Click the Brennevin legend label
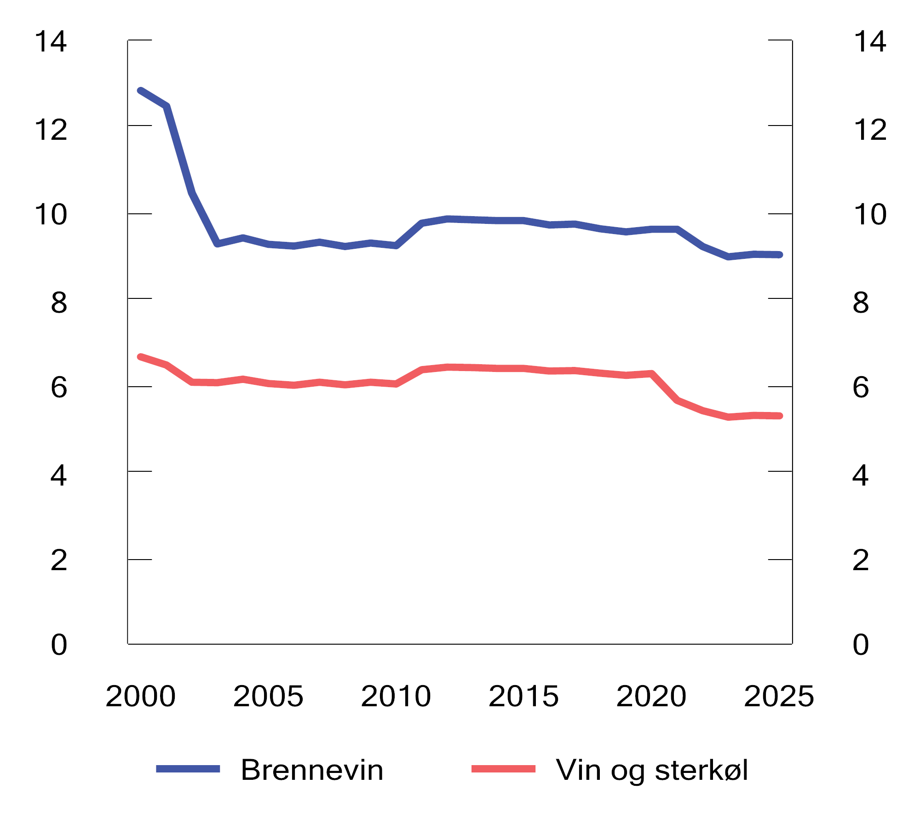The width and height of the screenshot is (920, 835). click(312, 770)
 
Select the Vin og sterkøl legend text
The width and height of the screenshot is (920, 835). click(651, 770)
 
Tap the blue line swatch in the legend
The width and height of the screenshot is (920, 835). click(188, 769)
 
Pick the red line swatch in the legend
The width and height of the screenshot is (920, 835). click(503, 769)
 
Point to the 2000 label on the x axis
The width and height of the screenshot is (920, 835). click(140, 696)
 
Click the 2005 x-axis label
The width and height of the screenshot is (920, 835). click(268, 696)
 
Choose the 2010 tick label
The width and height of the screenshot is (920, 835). click(396, 696)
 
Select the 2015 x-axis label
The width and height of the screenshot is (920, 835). click(523, 696)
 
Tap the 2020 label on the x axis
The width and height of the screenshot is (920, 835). click(651, 696)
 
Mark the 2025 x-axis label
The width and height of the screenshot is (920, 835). click(779, 696)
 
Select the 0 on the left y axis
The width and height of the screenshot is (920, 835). click(59, 645)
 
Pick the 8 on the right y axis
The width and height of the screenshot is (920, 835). click(861, 303)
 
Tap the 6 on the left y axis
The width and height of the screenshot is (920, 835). click(59, 387)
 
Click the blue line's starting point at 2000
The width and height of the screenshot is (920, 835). click(141, 91)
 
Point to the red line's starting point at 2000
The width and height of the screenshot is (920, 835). click(141, 357)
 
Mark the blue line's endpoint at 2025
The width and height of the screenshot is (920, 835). click(780, 255)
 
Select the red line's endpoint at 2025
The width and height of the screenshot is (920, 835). click(780, 416)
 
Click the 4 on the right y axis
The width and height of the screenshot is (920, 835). click(861, 475)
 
